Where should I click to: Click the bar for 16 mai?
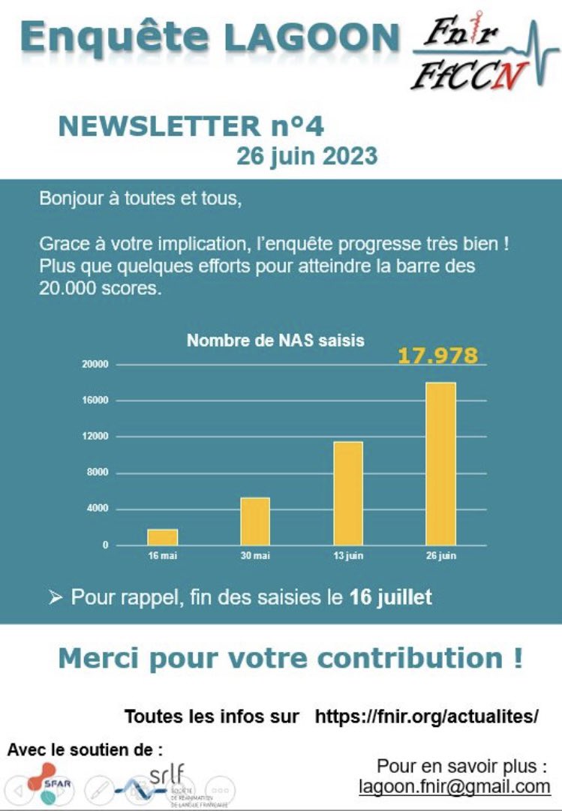click(162, 537)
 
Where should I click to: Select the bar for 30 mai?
click(255, 521)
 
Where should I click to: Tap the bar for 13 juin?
click(348, 493)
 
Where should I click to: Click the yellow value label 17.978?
click(437, 355)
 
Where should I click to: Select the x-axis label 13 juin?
click(348, 556)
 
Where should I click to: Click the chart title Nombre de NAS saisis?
click(275, 341)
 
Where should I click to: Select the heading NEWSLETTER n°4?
click(191, 126)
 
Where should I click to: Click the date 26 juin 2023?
click(307, 156)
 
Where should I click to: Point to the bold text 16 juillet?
click(390, 598)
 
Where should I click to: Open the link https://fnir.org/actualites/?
click(426, 716)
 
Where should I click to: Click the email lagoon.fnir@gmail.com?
click(455, 786)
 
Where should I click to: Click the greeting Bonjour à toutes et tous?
click(141, 200)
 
